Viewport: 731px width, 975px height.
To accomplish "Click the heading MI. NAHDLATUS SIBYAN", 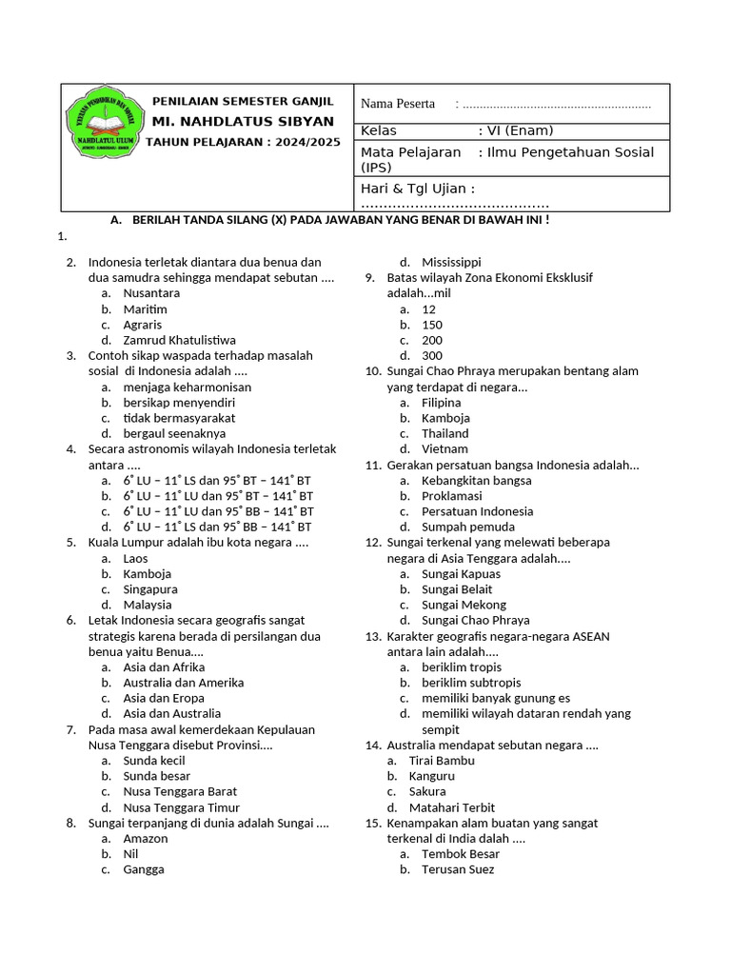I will (x=244, y=122).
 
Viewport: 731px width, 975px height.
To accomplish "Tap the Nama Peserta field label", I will (x=398, y=104).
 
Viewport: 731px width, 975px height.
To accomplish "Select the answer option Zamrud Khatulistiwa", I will (x=179, y=340).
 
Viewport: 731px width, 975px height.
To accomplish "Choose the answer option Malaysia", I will (x=148, y=605).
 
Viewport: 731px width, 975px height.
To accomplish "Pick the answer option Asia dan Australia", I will (x=171, y=713).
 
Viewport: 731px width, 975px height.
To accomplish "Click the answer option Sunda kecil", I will (x=154, y=761).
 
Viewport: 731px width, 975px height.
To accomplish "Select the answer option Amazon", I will (x=145, y=839).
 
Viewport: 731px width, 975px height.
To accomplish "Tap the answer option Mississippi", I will (x=451, y=262).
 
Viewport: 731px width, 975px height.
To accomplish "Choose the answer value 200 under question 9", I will (x=432, y=340).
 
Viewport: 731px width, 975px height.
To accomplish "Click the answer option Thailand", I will (x=445, y=433).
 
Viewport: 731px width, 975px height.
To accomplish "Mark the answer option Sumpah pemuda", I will (x=468, y=527).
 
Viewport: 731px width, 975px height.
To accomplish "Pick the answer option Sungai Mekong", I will (x=464, y=605).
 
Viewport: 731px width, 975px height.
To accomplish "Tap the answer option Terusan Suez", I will (x=458, y=869).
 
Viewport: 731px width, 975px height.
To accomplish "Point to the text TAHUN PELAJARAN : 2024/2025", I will (x=242, y=142).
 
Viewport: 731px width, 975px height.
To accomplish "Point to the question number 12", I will (x=373, y=543).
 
